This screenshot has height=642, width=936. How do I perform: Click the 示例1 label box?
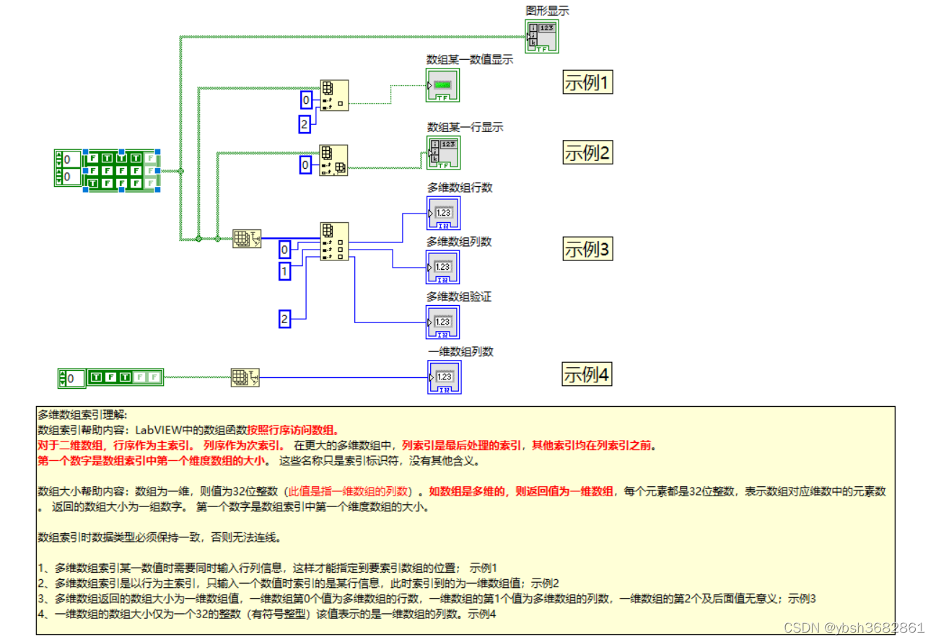tap(587, 83)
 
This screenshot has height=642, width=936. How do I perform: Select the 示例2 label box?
tap(587, 153)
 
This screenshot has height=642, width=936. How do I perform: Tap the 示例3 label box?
tap(587, 250)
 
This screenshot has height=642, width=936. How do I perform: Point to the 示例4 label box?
tap(587, 375)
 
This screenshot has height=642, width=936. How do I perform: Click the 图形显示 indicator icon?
tap(541, 36)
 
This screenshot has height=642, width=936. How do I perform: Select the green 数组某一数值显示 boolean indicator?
tap(442, 86)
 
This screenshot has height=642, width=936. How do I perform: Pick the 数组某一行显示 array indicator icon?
tap(443, 152)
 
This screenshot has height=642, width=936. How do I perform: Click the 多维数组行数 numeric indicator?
tap(443, 214)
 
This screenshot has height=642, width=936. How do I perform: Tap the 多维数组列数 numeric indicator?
tap(443, 268)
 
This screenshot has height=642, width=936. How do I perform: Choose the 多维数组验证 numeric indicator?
tap(443, 322)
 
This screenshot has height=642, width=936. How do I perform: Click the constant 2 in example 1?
tap(305, 125)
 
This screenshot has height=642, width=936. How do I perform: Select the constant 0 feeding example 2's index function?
tap(305, 166)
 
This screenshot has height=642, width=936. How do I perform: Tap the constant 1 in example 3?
tap(285, 271)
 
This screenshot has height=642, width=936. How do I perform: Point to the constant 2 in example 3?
tap(285, 318)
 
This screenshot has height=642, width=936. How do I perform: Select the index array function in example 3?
tap(334, 241)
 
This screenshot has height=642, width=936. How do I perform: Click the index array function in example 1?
tap(334, 95)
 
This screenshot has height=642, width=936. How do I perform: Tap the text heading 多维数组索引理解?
tap(82, 415)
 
